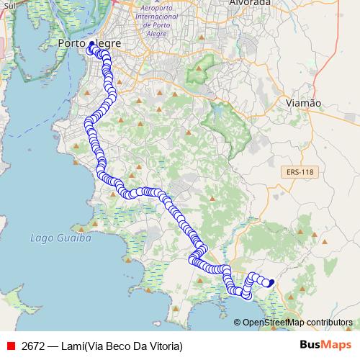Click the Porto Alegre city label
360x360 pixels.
(89, 43)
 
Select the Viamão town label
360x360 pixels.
(302, 103)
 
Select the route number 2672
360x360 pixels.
(34, 346)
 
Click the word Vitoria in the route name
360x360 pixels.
(166, 346)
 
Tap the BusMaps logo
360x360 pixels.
(322, 345)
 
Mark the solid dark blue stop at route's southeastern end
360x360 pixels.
(271, 283)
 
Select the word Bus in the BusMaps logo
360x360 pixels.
(310, 345)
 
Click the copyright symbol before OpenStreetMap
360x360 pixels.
(238, 322)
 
